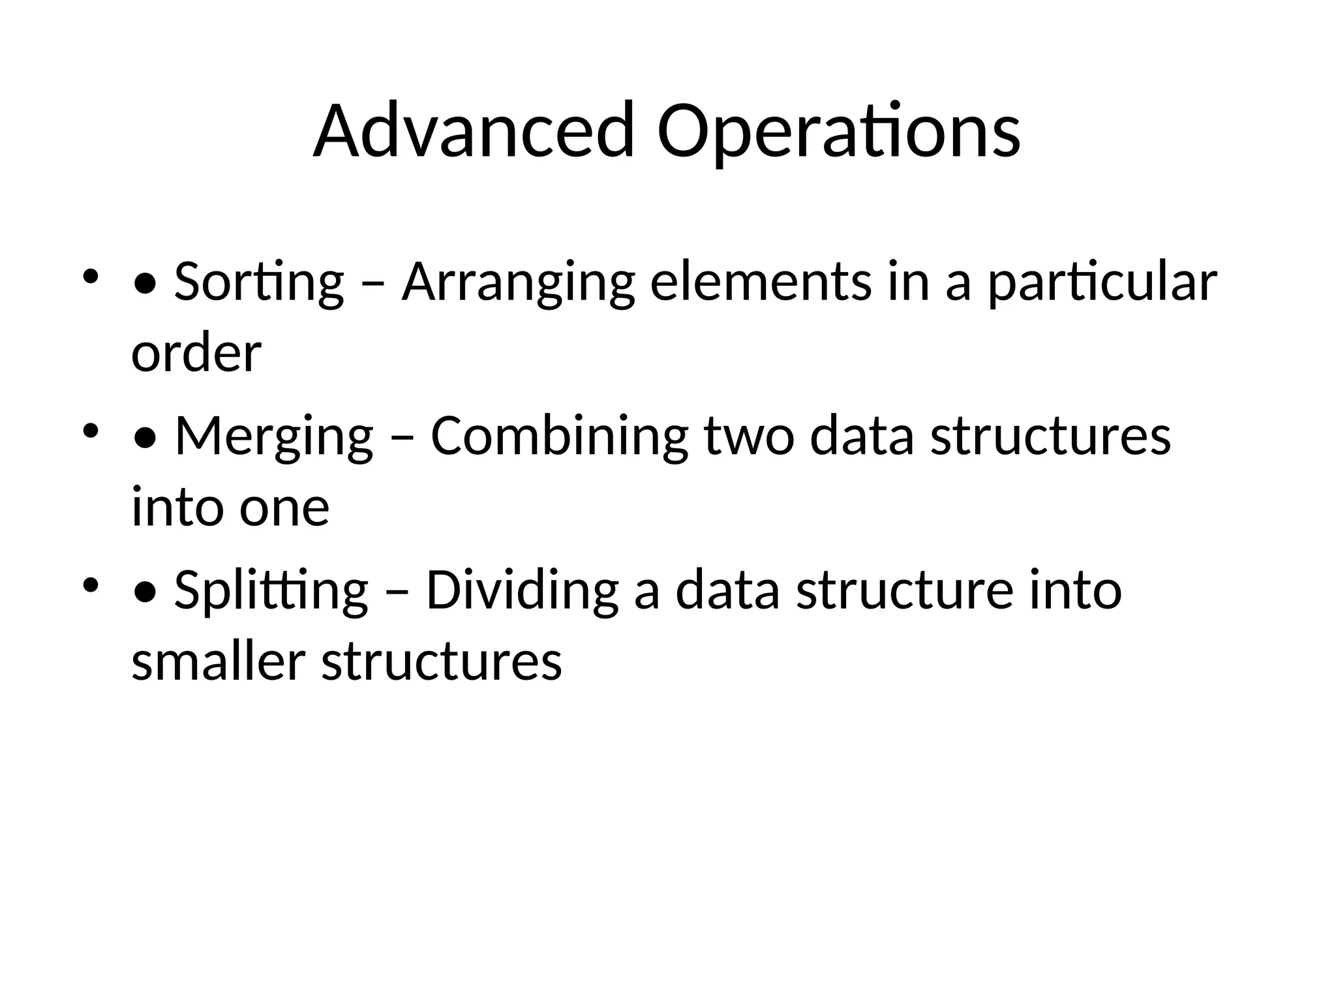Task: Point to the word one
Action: pyautogui.click(x=284, y=508)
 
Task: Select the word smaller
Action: pyautogui.click(x=218, y=661)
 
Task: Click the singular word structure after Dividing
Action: pyautogui.click(x=905, y=590)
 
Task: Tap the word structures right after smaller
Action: pyautogui.click(x=442, y=661)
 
